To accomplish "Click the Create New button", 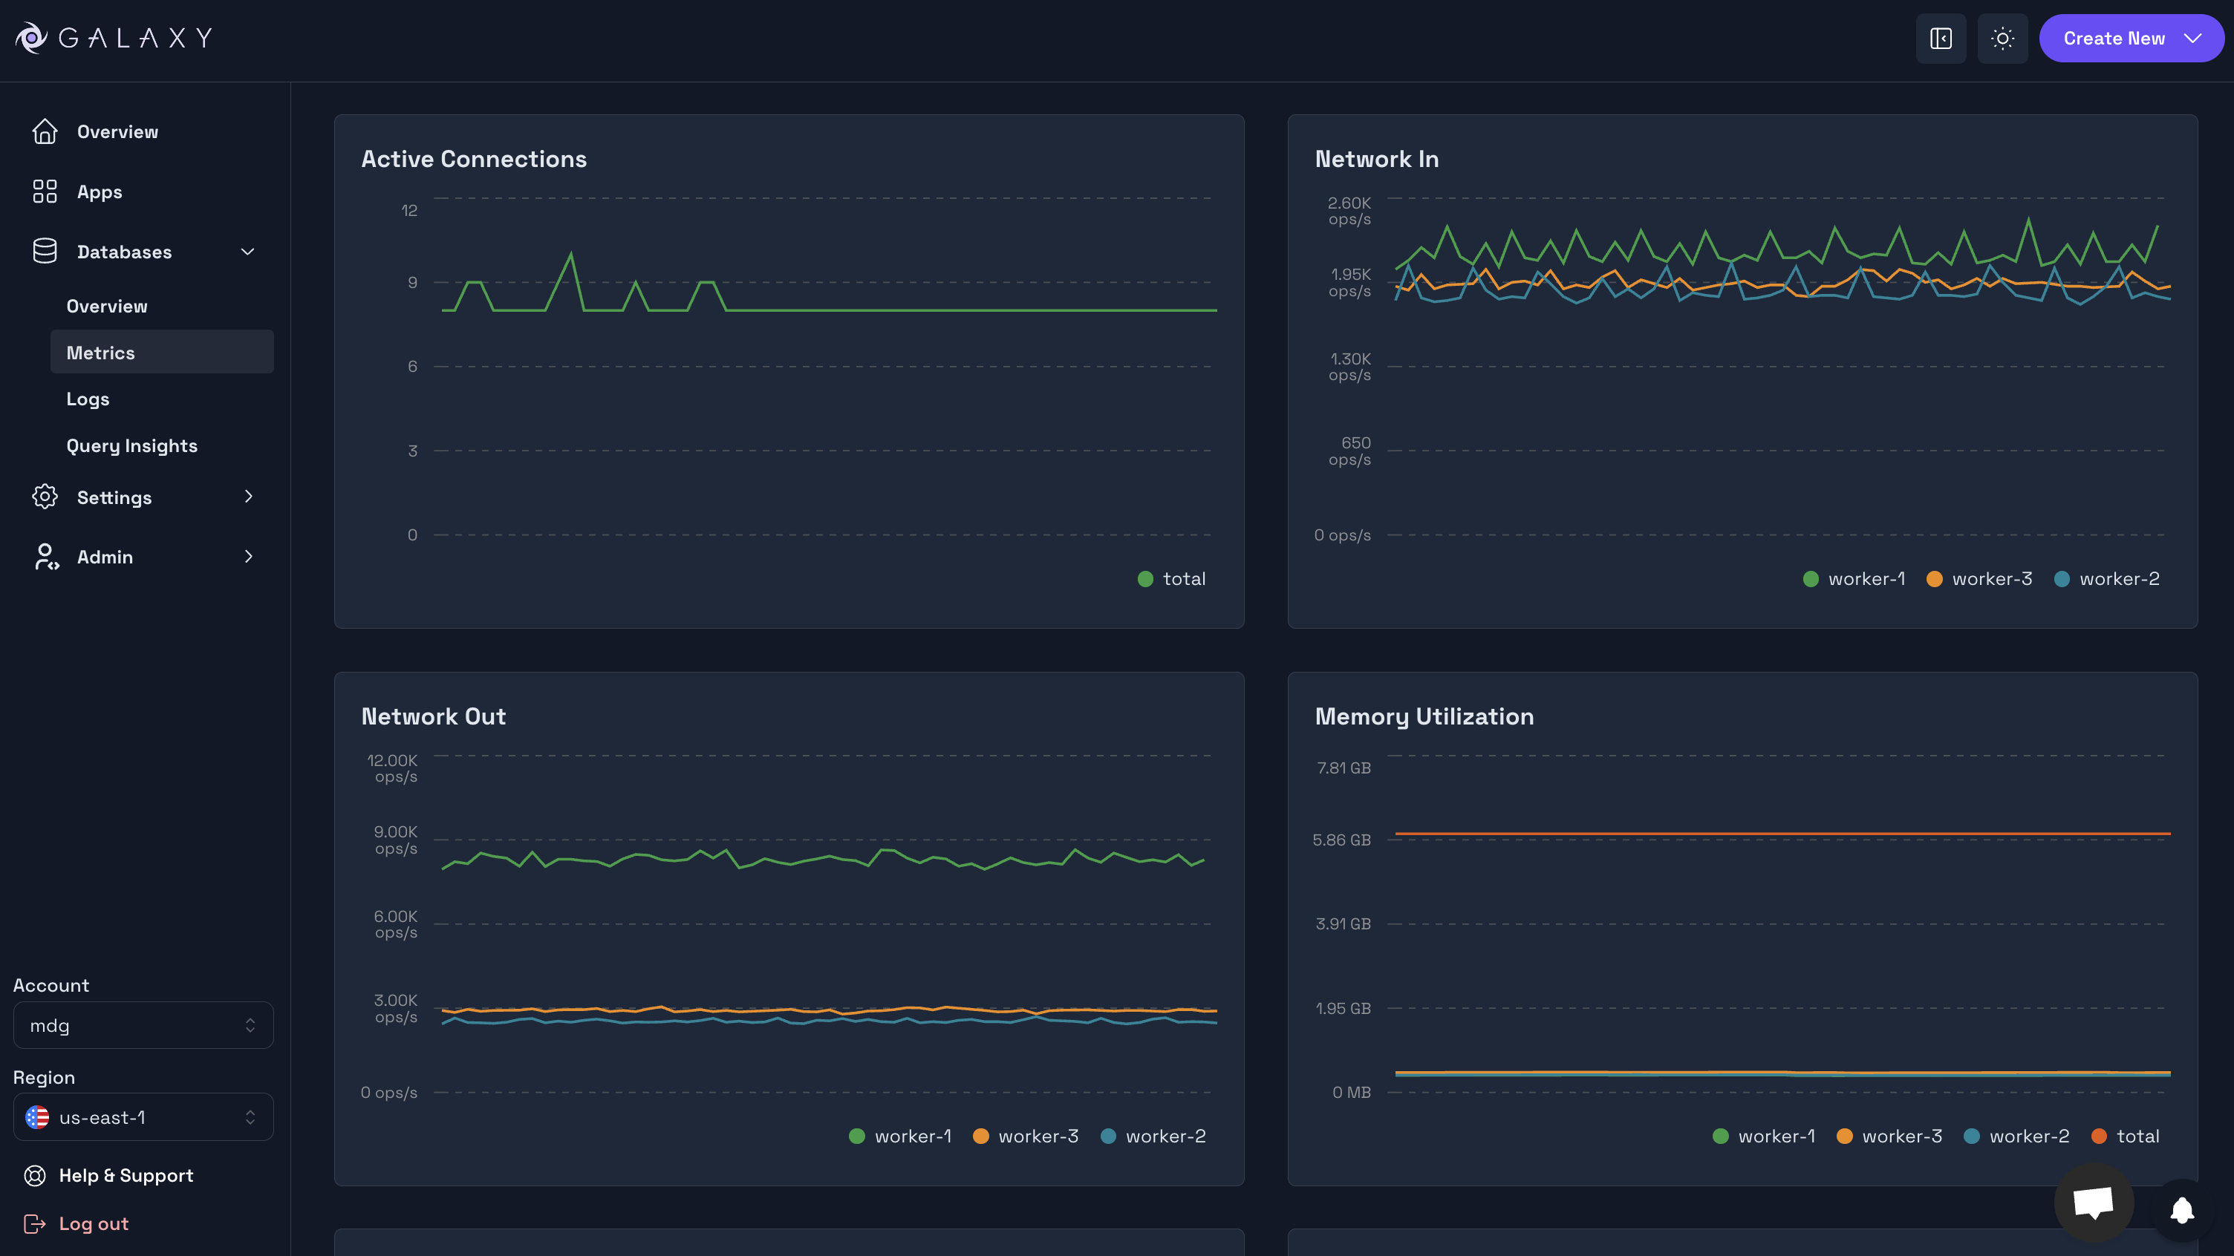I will click(2130, 38).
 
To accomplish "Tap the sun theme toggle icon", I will click(2002, 38).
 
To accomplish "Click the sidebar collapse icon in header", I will click(1940, 38).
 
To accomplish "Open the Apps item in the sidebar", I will click(99, 192).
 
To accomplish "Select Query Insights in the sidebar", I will click(131, 445).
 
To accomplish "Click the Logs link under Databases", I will click(88, 399).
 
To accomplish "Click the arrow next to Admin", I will click(248, 557).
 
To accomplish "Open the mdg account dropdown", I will click(143, 1025).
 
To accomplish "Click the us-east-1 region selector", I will click(143, 1117).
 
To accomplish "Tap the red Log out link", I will click(93, 1223).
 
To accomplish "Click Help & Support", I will click(126, 1175).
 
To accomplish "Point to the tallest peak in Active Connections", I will click(570, 255).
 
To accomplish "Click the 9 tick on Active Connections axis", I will click(413, 283).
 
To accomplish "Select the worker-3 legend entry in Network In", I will click(1980, 579).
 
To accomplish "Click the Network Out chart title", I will click(433, 716).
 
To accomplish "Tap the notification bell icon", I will click(2182, 1209).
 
